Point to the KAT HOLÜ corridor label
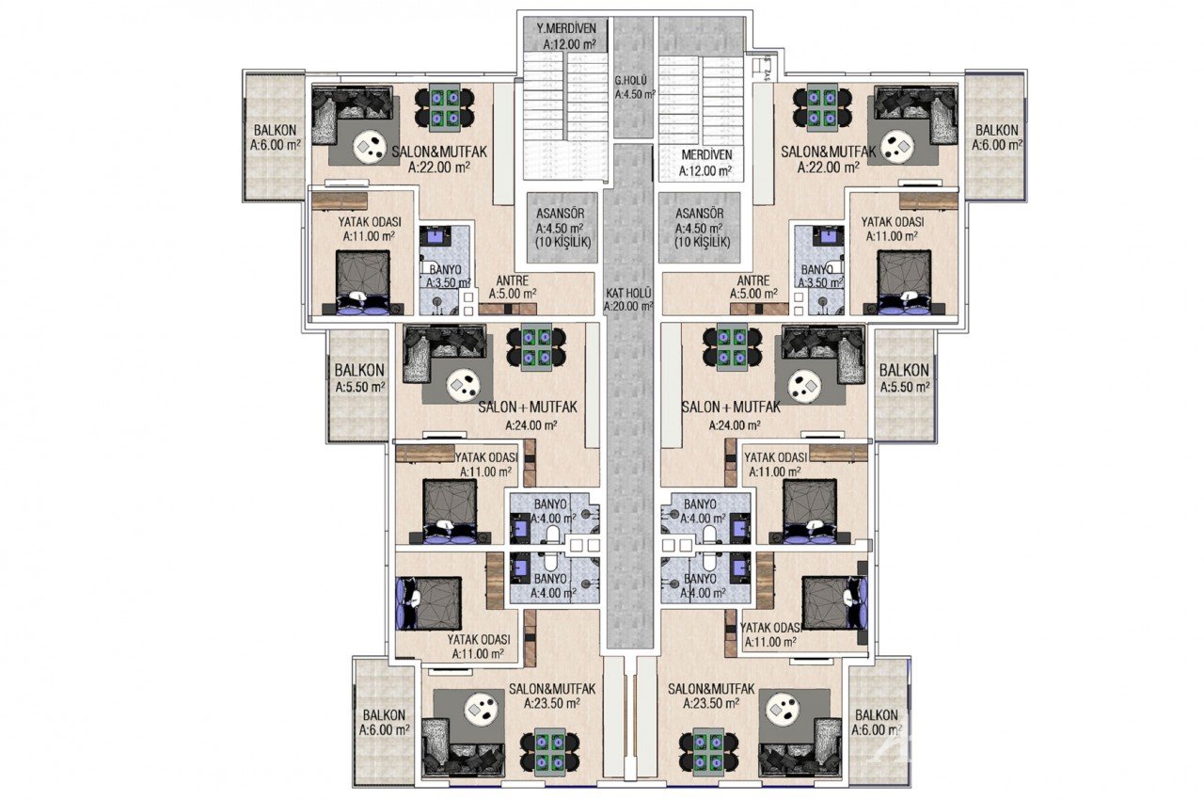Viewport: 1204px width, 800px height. coord(629,299)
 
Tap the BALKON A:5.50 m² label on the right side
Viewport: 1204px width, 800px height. coord(904,378)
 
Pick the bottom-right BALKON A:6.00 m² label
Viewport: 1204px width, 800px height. coord(874,722)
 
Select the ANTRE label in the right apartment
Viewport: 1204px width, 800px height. coord(753,286)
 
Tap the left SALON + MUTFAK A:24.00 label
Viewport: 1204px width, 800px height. coord(528,415)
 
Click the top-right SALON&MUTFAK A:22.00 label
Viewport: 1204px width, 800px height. coord(828,159)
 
